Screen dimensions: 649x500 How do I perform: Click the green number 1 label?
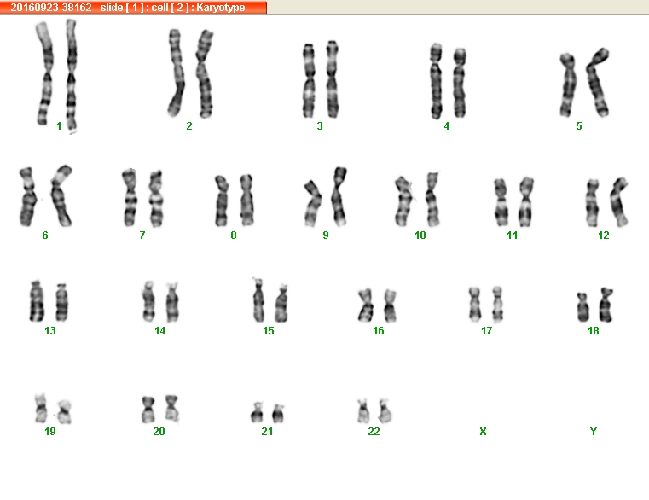(x=59, y=126)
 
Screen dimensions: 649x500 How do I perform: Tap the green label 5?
(x=578, y=126)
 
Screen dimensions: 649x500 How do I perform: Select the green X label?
(x=483, y=432)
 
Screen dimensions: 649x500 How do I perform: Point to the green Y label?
(x=593, y=432)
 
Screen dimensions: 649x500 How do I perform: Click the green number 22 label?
(x=374, y=432)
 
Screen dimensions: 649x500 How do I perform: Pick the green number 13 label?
(x=50, y=331)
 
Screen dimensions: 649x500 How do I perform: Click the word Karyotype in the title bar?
(x=221, y=8)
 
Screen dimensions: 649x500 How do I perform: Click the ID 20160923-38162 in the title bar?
(x=51, y=8)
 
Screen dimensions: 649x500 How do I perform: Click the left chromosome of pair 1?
(x=44, y=73)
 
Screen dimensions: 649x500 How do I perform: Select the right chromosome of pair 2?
(x=204, y=73)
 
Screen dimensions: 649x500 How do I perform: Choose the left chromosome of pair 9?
(x=313, y=203)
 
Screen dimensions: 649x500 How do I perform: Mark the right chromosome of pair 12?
(x=619, y=202)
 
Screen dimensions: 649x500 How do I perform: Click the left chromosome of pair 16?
(x=366, y=305)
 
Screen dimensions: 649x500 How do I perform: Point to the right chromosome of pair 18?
(x=606, y=305)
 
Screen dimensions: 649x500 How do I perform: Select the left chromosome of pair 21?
(x=257, y=413)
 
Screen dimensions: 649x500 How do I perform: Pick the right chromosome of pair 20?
(x=171, y=409)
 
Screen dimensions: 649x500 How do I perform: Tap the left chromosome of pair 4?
(x=436, y=81)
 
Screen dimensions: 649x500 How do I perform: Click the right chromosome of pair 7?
(x=156, y=199)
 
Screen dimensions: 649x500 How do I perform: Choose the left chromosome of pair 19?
(x=41, y=409)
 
